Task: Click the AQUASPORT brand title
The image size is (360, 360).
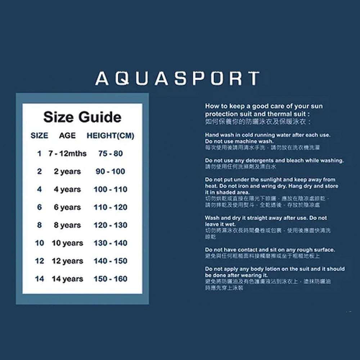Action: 177,79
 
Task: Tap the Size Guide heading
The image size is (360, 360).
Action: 82,117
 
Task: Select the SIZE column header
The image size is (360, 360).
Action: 39,136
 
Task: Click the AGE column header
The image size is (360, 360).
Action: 67,136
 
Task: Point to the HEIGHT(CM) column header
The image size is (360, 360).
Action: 110,136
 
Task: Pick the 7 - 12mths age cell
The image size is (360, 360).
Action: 68,154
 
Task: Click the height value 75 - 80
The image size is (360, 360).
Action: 111,154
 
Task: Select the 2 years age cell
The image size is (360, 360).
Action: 67,172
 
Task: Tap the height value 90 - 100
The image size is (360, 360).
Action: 111,172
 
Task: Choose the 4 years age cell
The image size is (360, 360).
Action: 67,189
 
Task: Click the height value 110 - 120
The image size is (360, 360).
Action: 111,207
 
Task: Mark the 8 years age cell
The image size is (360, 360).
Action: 67,225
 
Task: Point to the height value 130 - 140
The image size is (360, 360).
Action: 111,243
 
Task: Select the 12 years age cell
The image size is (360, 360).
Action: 67,261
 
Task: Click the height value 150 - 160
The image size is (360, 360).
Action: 111,279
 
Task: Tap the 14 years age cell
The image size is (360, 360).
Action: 67,279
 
